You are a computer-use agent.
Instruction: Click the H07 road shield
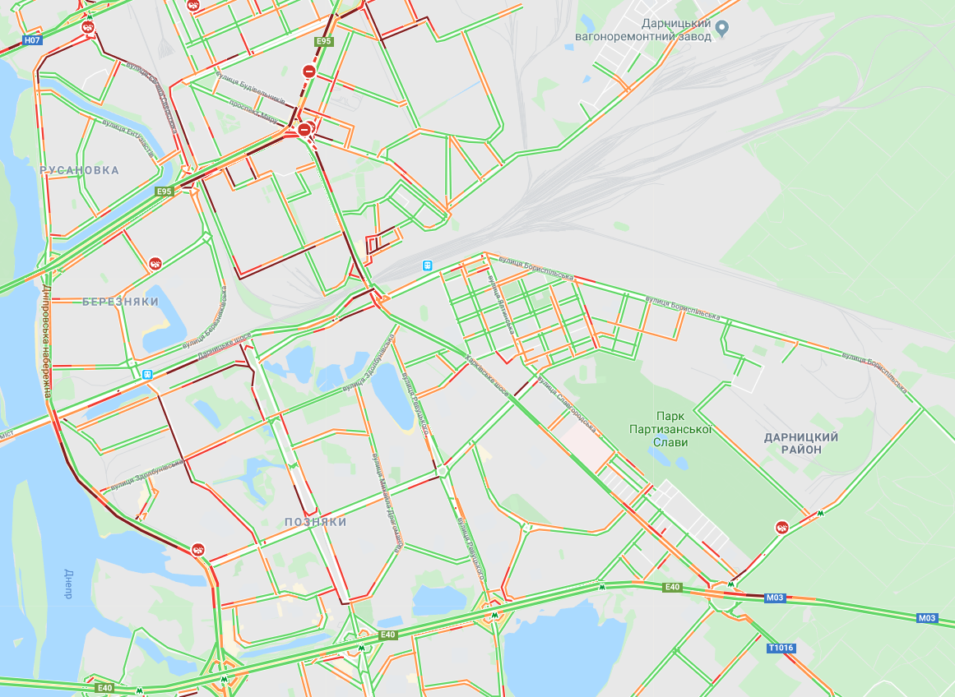[x=33, y=39]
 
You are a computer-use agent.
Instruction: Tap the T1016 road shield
[x=781, y=649]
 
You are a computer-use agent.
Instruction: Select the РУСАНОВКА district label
[x=79, y=170]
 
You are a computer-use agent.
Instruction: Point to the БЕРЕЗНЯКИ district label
[x=120, y=302]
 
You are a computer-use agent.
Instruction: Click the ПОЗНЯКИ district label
[x=316, y=522]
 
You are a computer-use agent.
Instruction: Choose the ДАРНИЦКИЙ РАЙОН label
[x=801, y=444]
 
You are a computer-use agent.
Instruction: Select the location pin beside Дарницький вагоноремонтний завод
[x=722, y=29]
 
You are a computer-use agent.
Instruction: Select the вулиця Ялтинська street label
[x=501, y=303]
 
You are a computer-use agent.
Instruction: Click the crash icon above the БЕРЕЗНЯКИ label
[x=155, y=264]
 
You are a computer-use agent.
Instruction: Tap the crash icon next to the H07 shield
[x=87, y=28]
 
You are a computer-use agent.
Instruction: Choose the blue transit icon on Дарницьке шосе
[x=147, y=374]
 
